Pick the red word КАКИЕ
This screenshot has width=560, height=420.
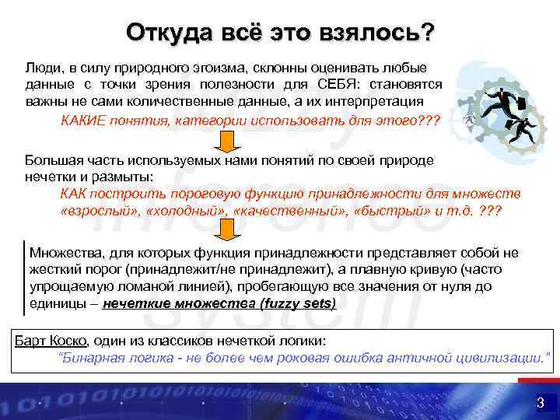(x=83, y=121)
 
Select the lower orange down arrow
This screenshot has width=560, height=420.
(x=226, y=229)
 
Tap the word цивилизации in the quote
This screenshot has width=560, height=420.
(x=499, y=358)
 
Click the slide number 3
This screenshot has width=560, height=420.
(x=539, y=403)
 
